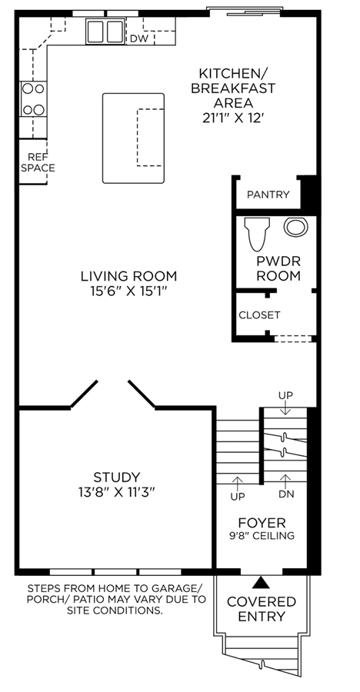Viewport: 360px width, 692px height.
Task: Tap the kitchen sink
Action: click(x=105, y=32)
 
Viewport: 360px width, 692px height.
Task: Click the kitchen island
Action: click(x=133, y=138)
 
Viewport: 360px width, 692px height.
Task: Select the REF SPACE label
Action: click(x=38, y=162)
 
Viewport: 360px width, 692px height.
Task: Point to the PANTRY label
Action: click(x=268, y=195)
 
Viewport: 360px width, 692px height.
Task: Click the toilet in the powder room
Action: click(x=257, y=234)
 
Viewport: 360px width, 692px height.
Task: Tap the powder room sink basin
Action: click(x=295, y=227)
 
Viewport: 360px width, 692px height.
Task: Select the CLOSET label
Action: click(x=259, y=315)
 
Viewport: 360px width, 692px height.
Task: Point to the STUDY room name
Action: click(x=117, y=477)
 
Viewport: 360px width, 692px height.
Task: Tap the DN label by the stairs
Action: click(x=286, y=494)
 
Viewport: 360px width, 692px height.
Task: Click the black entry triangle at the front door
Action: click(x=261, y=583)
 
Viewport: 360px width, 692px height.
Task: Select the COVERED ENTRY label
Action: click(x=261, y=609)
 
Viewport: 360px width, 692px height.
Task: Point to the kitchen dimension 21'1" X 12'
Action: click(x=233, y=118)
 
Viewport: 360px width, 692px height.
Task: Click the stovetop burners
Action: click(x=33, y=99)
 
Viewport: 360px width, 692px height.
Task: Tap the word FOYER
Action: click(x=262, y=523)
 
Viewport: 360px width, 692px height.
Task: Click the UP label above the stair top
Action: click(x=285, y=395)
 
